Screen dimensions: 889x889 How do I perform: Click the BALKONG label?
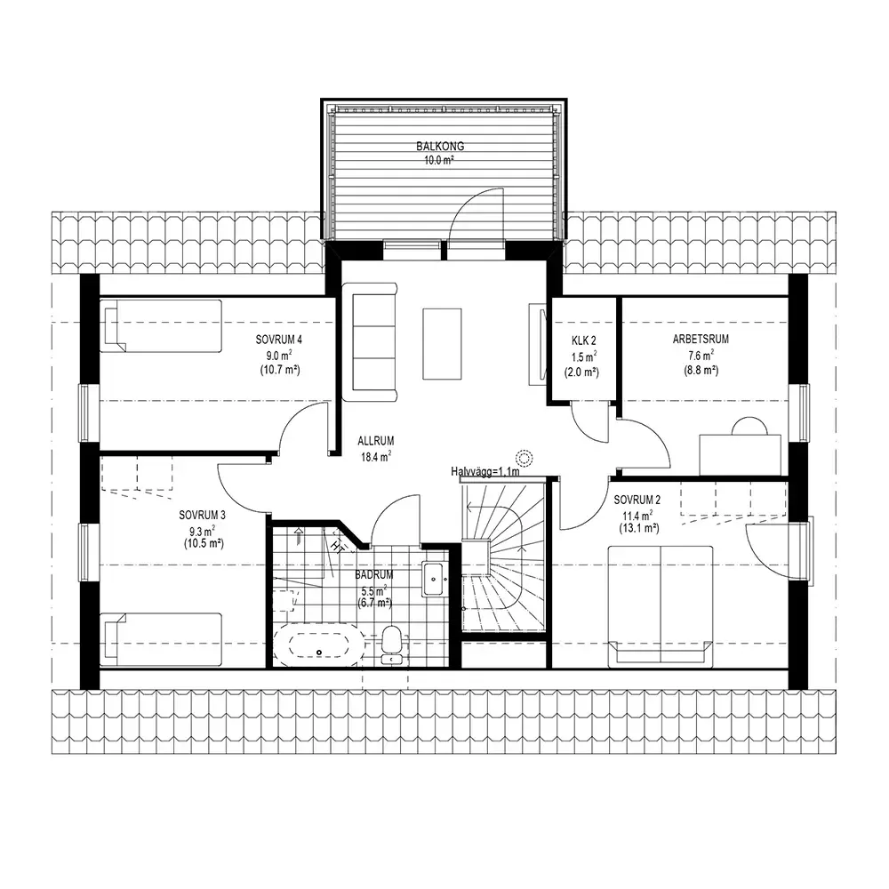pos(440,147)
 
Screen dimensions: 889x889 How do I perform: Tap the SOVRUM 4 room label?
pos(279,340)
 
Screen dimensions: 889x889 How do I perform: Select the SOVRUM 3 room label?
pos(203,516)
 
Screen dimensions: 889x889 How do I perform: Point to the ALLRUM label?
pos(375,441)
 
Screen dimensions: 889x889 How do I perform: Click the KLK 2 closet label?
pos(583,340)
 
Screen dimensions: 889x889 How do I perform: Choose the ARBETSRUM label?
pos(701,339)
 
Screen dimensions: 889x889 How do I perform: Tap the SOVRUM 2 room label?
pos(637,500)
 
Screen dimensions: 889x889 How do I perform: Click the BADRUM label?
pos(374,575)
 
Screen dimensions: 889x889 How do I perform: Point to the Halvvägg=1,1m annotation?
pos(485,471)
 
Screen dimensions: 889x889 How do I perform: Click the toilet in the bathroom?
pos(392,645)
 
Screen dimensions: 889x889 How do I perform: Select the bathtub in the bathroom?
pos(318,645)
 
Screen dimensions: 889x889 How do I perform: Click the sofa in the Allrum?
pos(370,342)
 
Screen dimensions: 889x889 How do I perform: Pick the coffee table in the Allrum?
pos(442,343)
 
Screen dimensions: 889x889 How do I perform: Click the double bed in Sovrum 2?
pos(660,606)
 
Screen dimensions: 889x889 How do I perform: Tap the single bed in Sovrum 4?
pos(160,326)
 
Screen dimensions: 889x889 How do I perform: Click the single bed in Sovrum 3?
pos(160,639)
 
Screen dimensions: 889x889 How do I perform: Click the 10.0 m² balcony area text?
pos(440,160)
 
